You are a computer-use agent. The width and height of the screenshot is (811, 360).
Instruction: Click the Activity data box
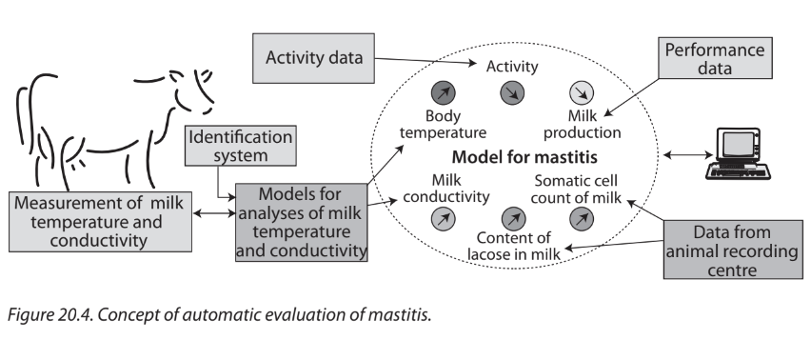pos(313,58)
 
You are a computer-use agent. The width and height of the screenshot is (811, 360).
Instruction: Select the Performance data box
pos(715,58)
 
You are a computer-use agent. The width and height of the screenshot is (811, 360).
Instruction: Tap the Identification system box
pos(241,146)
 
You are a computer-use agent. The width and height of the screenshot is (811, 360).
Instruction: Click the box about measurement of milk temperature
pos(100,222)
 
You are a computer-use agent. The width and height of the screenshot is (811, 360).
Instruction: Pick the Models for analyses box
pos(302,222)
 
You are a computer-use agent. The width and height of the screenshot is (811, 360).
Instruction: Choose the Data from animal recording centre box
pos(733,250)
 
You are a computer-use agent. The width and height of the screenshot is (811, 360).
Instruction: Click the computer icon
pos(737,153)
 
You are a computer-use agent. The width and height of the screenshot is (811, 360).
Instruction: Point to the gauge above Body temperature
pos(444,93)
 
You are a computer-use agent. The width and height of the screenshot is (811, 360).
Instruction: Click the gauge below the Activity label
pos(512,93)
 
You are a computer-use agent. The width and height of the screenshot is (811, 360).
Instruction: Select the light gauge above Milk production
pos(582,93)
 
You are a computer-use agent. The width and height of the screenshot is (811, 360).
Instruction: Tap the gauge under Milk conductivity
pos(444,219)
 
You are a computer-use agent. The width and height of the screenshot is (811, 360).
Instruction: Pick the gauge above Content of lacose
pos(513,219)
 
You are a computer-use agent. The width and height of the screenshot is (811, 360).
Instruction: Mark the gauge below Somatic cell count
pos(582,219)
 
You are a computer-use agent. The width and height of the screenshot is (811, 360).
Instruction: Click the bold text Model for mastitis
pos(524,157)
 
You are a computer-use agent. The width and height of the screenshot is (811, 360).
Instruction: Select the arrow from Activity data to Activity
pos(425,61)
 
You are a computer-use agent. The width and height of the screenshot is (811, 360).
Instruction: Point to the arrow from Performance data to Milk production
pos(631,97)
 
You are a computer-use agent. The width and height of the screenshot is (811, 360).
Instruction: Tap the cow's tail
pos(23,116)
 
